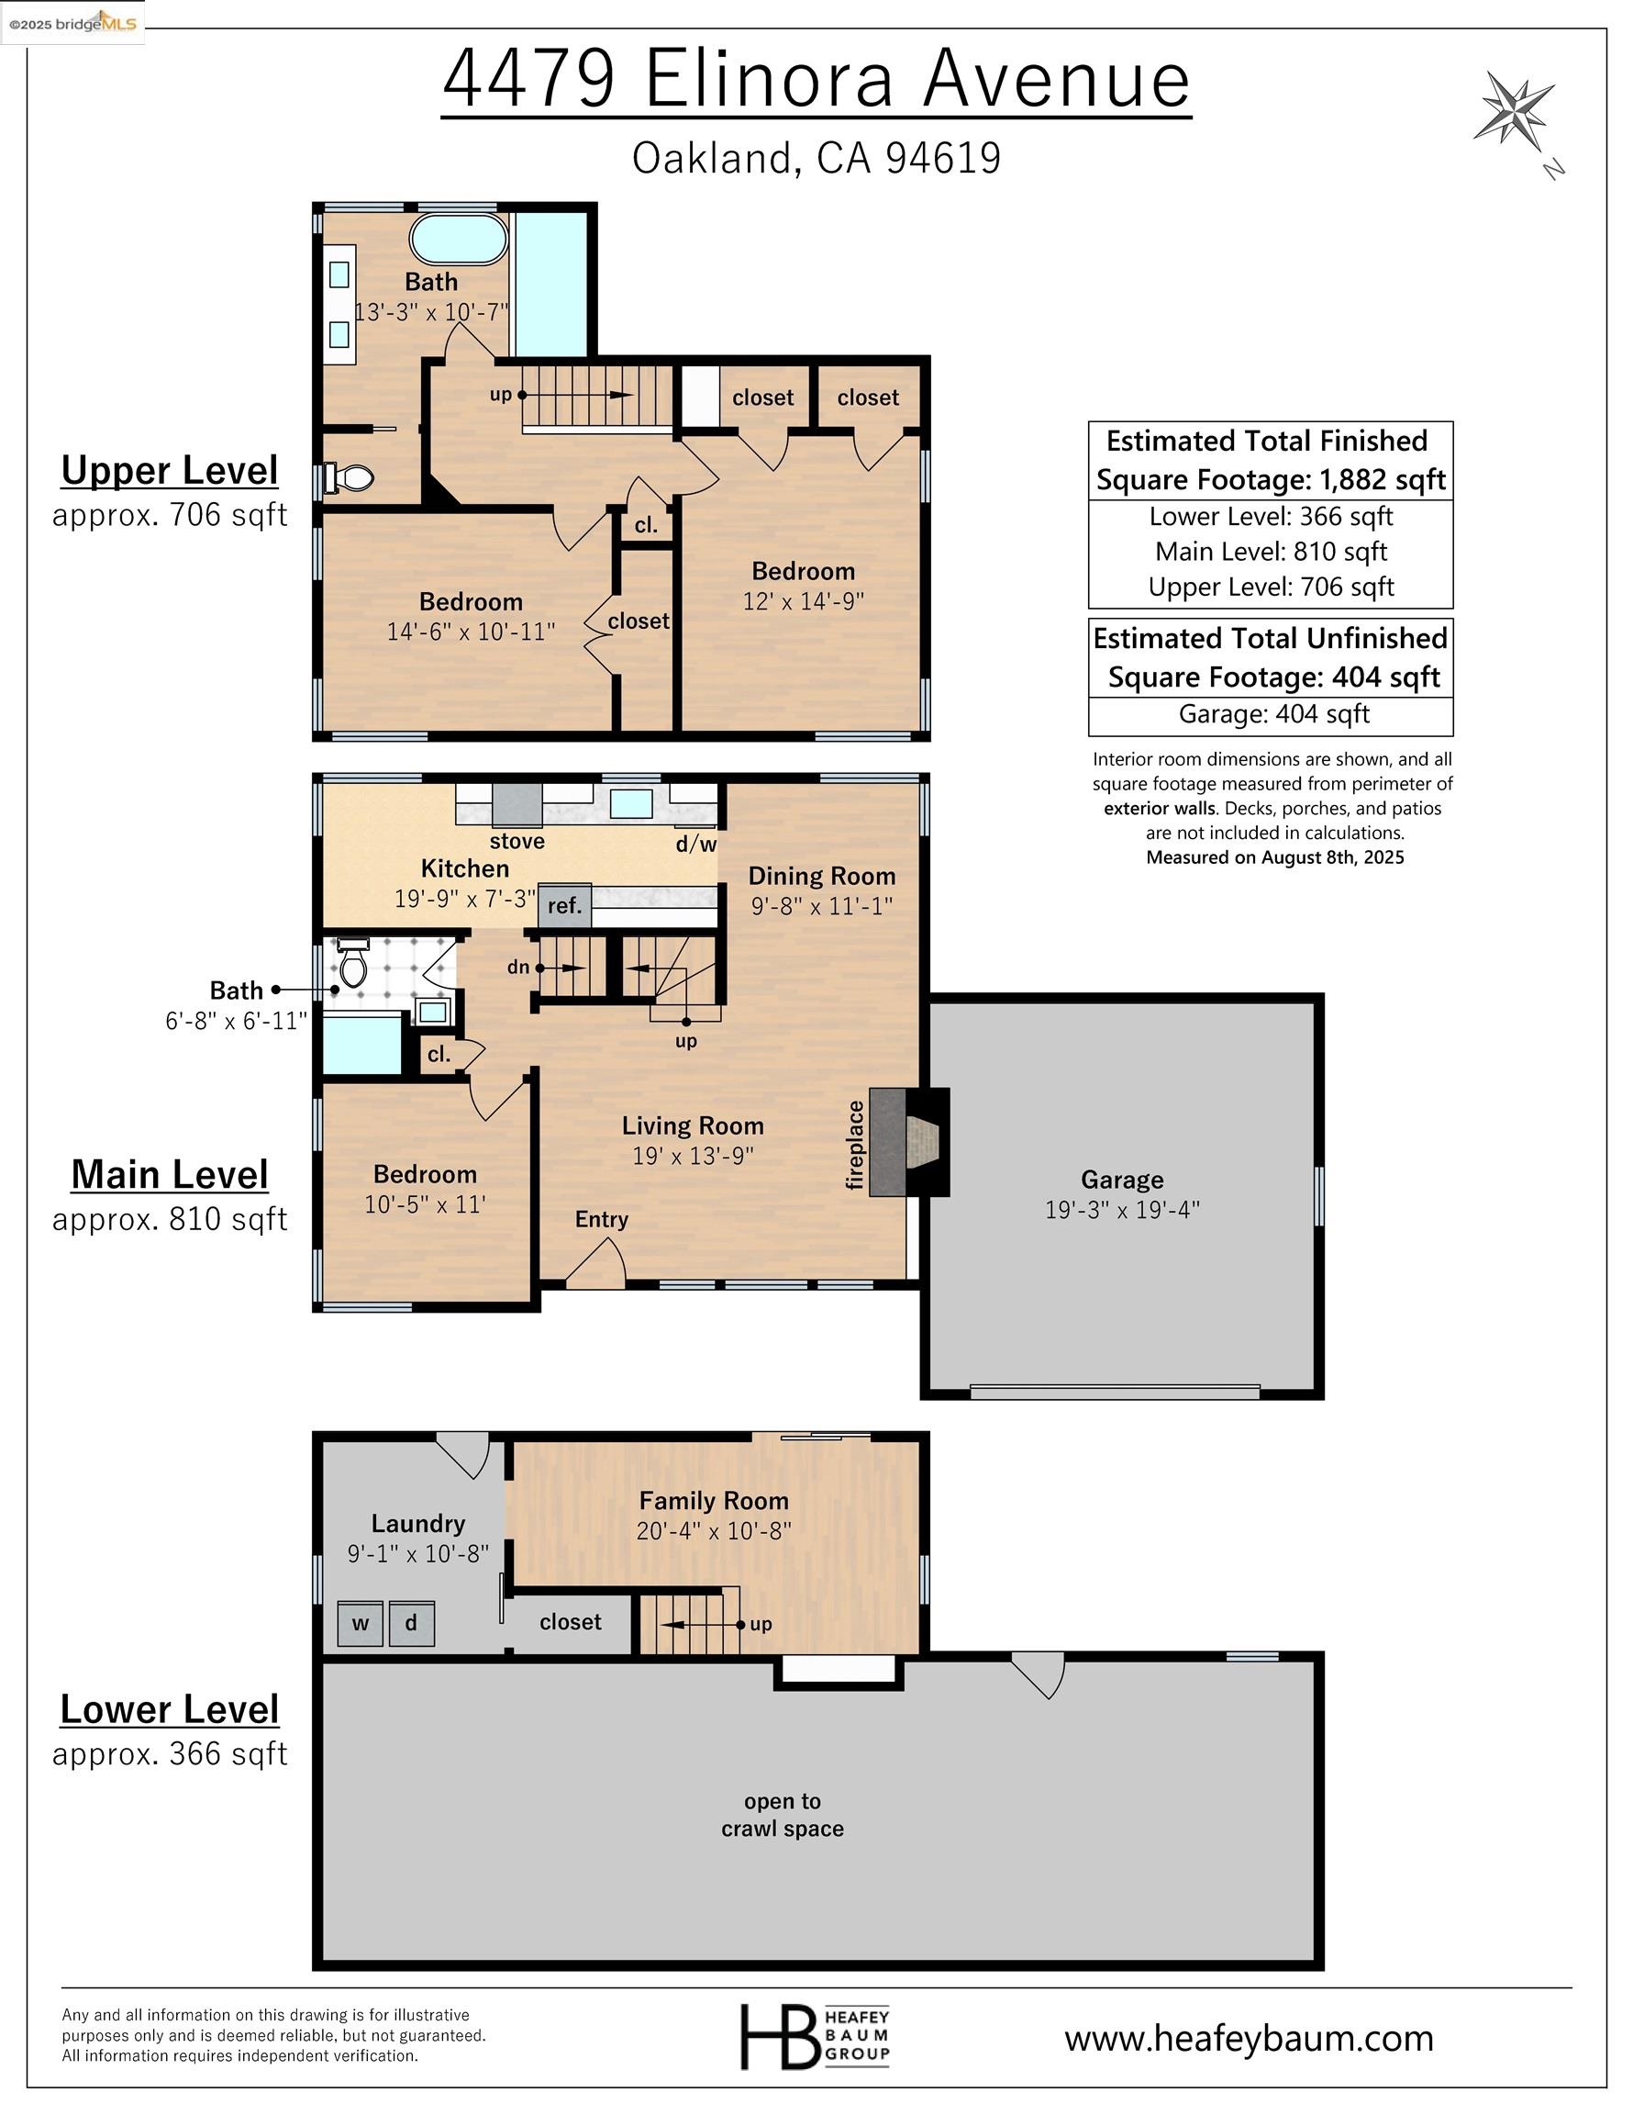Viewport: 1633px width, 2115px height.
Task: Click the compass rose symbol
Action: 1512,110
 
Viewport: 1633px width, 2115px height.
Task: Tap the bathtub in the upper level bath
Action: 459,240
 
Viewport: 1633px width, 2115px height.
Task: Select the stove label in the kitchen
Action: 517,841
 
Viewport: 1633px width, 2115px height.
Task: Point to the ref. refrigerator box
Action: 564,905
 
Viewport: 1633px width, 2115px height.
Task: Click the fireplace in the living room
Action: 907,1142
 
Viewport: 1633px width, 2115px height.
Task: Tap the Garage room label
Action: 1122,1180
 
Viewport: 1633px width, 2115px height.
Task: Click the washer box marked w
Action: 361,1624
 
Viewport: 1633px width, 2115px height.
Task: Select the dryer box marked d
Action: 411,1624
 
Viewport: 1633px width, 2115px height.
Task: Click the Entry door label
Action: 601,1219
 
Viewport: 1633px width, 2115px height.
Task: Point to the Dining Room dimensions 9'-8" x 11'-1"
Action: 821,905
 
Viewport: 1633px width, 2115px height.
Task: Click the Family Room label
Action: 714,1501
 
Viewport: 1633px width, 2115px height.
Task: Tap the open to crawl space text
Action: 783,1815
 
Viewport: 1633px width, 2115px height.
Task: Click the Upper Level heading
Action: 170,471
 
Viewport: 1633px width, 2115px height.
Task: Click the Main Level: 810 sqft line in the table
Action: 1270,552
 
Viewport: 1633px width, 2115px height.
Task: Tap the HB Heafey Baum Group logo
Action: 814,2035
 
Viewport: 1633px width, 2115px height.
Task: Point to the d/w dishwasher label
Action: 696,845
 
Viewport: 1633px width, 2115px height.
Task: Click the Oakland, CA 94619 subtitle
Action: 816,159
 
